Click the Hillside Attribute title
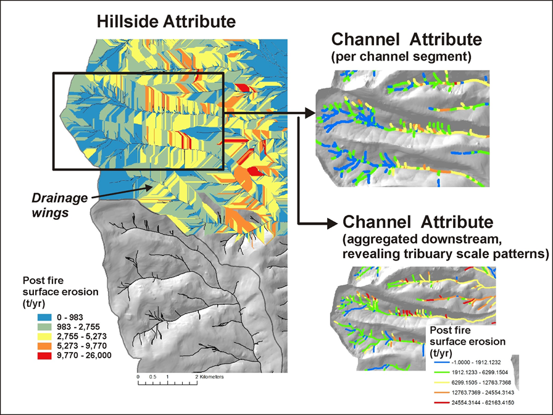[x=166, y=22]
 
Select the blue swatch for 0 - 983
[x=44, y=317]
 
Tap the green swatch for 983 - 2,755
[x=44, y=327]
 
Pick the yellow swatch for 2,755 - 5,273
[x=44, y=337]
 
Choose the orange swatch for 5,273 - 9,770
[x=44, y=346]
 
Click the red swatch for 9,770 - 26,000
[x=44, y=355]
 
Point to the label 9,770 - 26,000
[x=84, y=355]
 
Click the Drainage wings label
[x=60, y=206]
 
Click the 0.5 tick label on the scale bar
[x=152, y=377]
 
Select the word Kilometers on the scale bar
[x=212, y=377]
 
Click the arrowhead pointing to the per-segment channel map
[x=310, y=113]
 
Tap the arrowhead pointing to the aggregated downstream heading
[x=332, y=224]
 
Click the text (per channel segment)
[x=401, y=56]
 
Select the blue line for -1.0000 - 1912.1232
[x=440, y=363]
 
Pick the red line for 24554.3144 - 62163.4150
[x=440, y=402]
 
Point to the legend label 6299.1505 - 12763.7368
[x=481, y=382]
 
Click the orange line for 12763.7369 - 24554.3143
[x=440, y=392]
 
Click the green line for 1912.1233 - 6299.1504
[x=440, y=372]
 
